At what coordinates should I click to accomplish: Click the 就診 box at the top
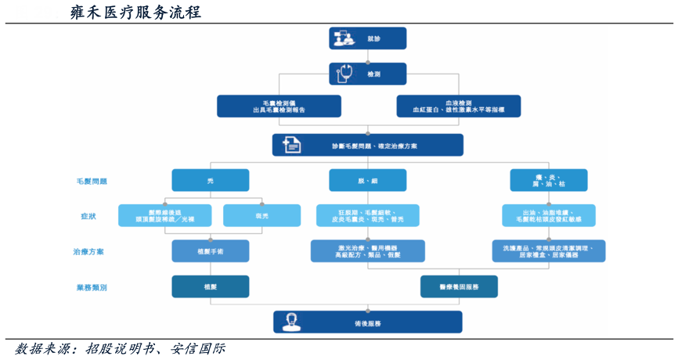pos(368,38)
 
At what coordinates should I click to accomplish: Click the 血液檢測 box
pos(458,106)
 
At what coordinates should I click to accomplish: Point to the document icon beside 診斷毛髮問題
pos(291,145)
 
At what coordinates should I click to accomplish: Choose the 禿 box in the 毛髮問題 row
pos(211,181)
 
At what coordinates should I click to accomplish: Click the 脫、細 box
pos(367,181)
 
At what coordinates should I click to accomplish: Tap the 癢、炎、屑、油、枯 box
pos(548,181)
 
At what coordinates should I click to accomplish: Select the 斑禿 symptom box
pos(261,216)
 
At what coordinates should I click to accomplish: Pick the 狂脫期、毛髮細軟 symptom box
pos(367,216)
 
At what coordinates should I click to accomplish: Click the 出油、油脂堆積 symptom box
pos(548,216)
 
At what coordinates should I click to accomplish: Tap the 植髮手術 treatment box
pos(211,251)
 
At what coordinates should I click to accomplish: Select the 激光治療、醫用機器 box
pos(367,251)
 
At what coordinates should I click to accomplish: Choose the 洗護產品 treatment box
pos(548,251)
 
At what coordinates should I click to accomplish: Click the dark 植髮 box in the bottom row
pos(211,287)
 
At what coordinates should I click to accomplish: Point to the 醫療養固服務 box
pos(459,287)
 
